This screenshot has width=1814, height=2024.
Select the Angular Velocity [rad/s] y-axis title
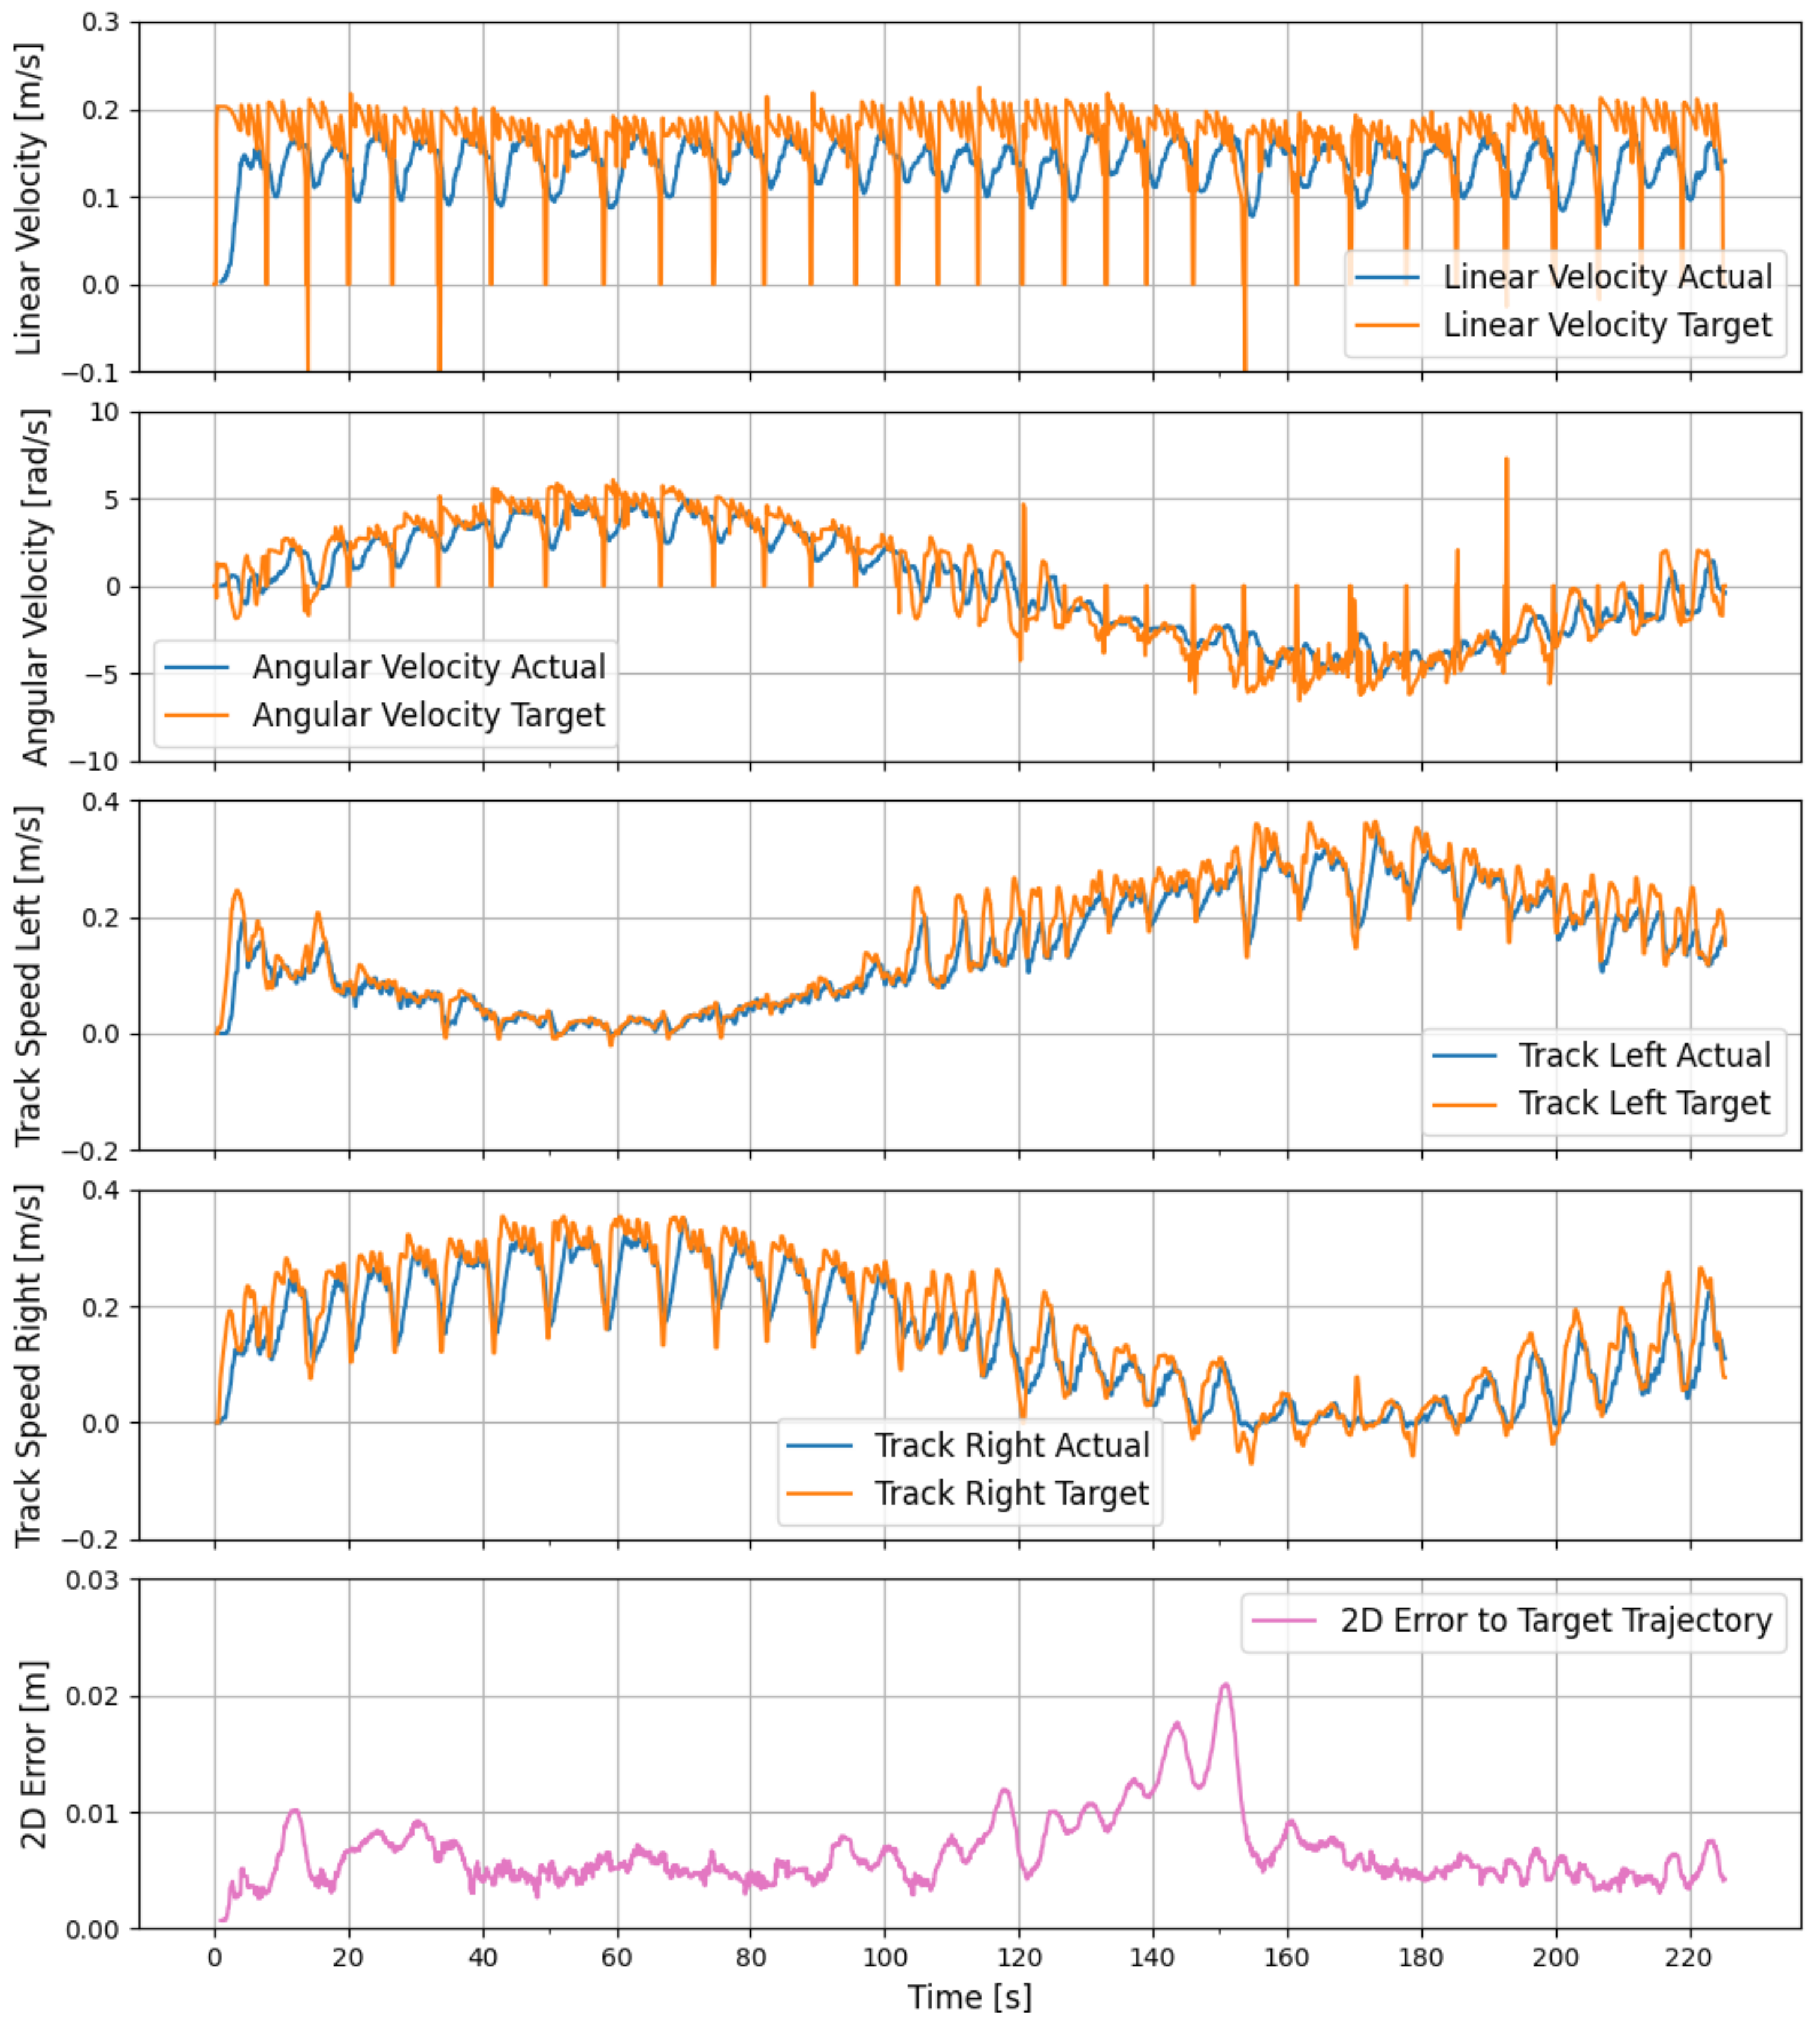click(x=34, y=587)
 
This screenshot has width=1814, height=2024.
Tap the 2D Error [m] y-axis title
click(x=34, y=1754)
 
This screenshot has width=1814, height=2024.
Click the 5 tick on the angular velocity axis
click(x=111, y=499)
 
